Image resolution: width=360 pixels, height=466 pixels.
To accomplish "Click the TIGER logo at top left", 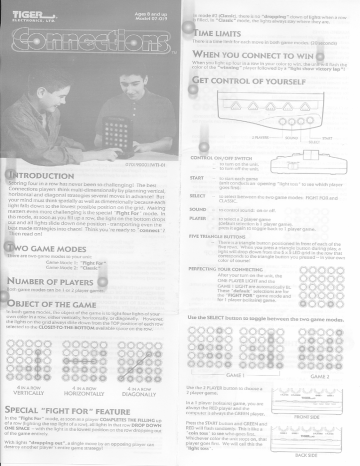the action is pos(27,13).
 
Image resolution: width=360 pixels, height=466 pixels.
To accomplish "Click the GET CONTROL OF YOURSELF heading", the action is pos(250,78).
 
